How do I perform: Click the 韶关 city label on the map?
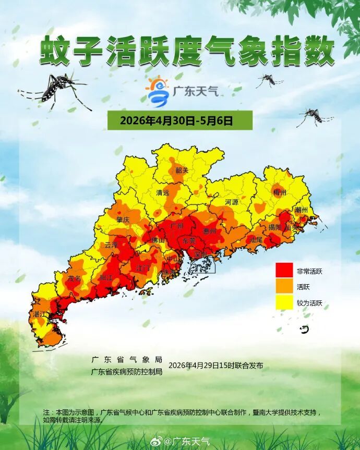pos(182,170)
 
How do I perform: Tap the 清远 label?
pos(163,192)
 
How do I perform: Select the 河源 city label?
pos(232,201)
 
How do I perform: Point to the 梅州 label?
pos(280,192)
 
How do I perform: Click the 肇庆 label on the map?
pos(123,220)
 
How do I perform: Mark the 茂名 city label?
pos(74,278)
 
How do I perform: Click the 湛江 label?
pos(40,314)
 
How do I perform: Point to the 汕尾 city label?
pos(256,240)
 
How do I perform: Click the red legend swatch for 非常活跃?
pos(284,271)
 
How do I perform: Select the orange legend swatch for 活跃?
pos(284,286)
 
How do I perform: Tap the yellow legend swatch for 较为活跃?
pos(284,302)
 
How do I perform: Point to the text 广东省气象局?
pos(127,360)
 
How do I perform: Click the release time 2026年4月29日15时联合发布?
pos(215,366)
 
